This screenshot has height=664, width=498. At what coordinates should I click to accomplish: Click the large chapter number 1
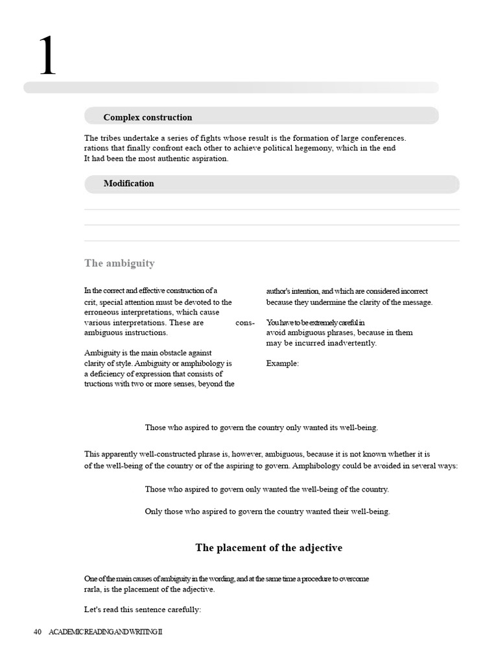(x=47, y=56)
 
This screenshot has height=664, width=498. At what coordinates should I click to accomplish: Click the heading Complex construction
(x=147, y=117)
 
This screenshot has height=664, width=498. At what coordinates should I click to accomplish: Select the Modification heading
(x=128, y=184)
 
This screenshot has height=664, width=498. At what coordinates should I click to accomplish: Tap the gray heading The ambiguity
(x=119, y=263)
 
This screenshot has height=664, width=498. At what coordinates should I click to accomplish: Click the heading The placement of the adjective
(x=268, y=548)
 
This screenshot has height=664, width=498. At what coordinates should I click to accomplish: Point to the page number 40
(x=38, y=632)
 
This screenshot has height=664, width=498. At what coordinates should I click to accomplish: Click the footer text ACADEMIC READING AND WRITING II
(x=106, y=632)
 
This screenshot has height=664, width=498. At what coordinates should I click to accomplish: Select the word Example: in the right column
(x=282, y=364)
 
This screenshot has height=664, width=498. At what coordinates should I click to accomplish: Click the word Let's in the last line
(x=93, y=610)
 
